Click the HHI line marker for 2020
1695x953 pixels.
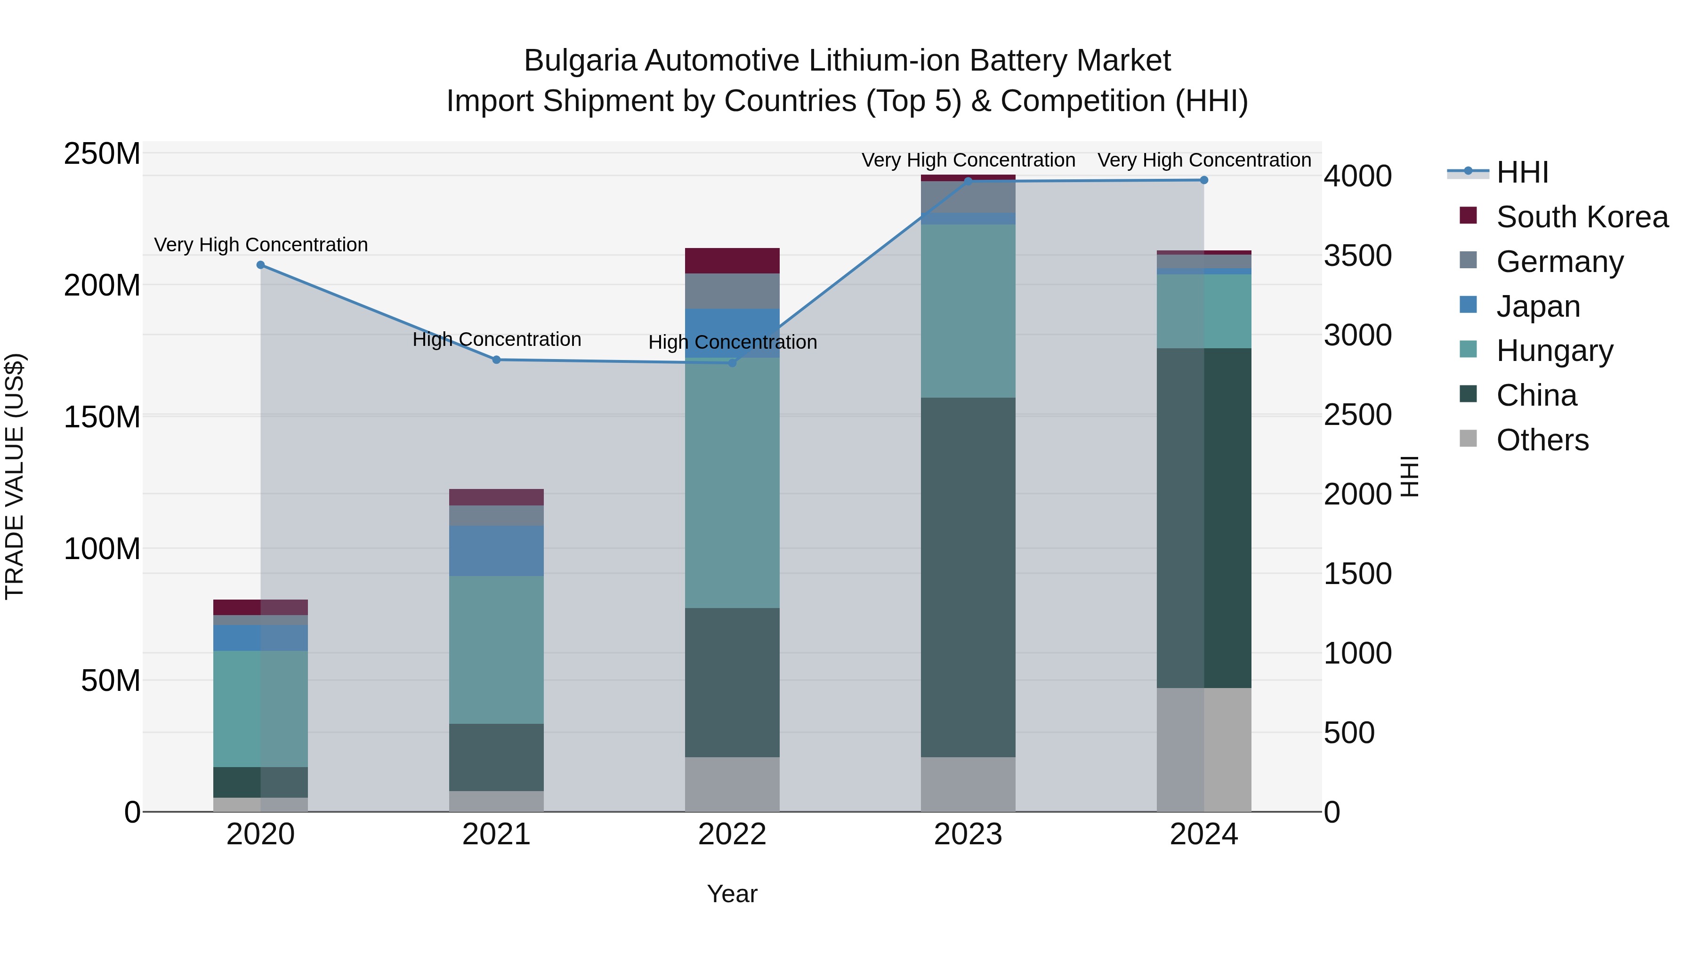(x=260, y=265)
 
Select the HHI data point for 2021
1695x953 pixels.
(x=497, y=360)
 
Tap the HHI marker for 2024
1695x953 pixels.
(x=1204, y=180)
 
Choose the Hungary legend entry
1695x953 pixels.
(x=1554, y=351)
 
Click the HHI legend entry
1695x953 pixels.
(x=1521, y=172)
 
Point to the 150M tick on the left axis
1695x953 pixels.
(x=102, y=417)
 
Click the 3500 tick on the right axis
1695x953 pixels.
(x=1357, y=256)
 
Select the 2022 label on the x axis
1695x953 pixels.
(x=732, y=834)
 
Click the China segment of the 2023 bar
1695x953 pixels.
(x=968, y=577)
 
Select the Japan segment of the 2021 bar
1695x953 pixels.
(x=496, y=551)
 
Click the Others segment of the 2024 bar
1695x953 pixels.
(x=1204, y=749)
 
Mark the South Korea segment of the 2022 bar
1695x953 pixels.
(x=732, y=260)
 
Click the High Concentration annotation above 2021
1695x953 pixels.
(x=497, y=339)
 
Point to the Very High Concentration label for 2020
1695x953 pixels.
(x=260, y=245)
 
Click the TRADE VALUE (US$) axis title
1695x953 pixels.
(x=15, y=476)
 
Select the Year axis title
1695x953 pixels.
(x=732, y=894)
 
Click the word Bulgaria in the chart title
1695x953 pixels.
(x=580, y=61)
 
